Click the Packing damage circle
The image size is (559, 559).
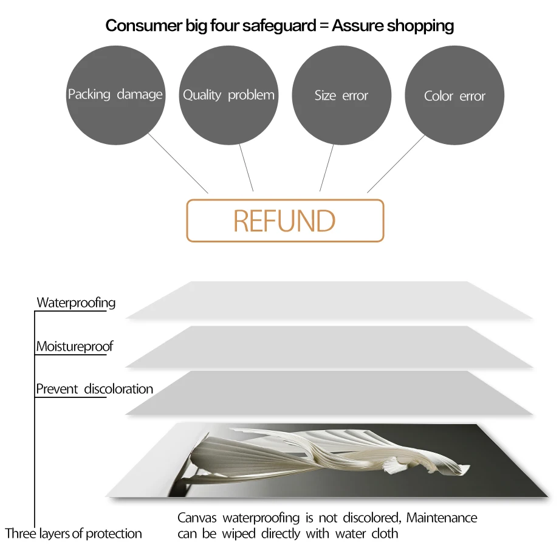coord(115,95)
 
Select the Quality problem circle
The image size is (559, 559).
coord(228,95)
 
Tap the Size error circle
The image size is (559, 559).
coord(341,95)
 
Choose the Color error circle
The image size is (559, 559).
coord(454,95)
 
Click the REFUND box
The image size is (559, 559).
coord(285,221)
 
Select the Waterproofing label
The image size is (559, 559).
coord(76,302)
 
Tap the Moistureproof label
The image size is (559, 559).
coord(74,346)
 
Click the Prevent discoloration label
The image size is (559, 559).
coord(94,389)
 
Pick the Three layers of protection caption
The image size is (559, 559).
coord(74,533)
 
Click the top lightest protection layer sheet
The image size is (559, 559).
coord(328,300)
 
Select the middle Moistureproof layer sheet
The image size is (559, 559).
coord(328,346)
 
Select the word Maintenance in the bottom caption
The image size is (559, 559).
coord(442,518)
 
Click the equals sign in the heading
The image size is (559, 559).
coord(323,26)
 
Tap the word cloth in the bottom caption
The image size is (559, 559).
coord(385,533)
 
